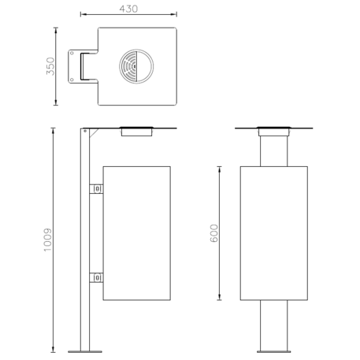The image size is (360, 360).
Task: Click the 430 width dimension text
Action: pos(128,9)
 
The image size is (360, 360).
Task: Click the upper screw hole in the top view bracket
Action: pos(72,54)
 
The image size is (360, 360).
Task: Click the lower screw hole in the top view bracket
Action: pos(72,78)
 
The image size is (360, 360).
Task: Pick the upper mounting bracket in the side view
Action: pos(96,189)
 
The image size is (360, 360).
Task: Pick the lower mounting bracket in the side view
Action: pos(96,276)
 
